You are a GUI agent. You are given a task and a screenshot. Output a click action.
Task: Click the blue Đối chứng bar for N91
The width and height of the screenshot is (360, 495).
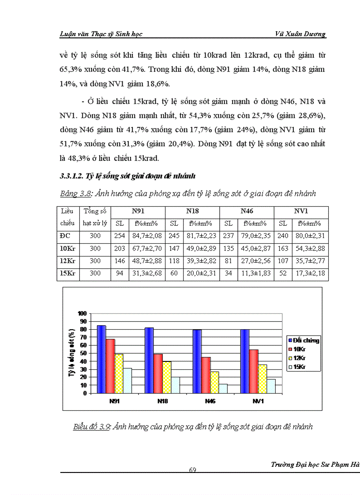tap(101, 359)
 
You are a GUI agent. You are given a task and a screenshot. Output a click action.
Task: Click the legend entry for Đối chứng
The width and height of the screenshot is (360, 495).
tap(304, 340)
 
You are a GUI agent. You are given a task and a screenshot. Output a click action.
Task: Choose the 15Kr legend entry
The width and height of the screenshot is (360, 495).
tap(300, 367)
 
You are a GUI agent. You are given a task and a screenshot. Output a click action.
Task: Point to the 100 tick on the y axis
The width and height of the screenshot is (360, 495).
tap(82, 313)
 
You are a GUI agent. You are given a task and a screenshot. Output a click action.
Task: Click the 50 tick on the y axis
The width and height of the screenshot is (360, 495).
tap(82, 354)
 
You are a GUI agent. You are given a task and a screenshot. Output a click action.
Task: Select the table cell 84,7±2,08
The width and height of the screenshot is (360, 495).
tap(146, 236)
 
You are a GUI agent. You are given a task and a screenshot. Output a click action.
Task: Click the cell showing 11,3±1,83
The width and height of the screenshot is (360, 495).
tap(255, 273)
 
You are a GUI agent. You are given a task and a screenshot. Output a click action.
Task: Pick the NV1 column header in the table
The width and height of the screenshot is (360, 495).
tap(301, 211)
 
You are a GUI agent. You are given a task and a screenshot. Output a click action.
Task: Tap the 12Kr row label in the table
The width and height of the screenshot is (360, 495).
tap(67, 261)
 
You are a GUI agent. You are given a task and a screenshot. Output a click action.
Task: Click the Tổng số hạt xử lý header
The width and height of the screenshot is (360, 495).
tap(95, 217)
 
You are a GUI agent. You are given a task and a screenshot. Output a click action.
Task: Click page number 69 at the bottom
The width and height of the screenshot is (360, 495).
tap(192, 470)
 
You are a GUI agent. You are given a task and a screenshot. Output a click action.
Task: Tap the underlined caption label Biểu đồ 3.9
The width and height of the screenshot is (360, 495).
tap(91, 427)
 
